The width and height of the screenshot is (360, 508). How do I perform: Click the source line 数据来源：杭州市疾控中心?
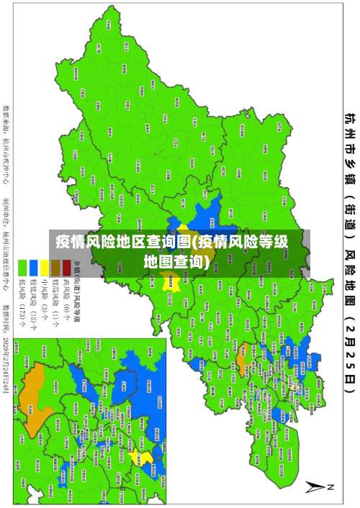click(9, 144)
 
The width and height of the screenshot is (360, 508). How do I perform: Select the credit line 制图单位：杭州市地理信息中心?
click(9, 237)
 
